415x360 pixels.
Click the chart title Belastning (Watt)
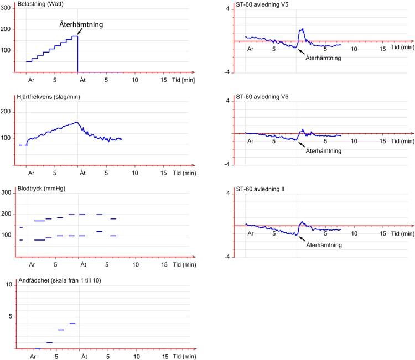click(40, 4)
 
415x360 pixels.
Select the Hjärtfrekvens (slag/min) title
click(49, 97)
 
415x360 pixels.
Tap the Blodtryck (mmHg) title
click(41, 189)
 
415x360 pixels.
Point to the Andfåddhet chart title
click(60, 280)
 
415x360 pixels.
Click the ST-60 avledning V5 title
click(262, 4)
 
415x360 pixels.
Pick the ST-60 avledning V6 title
click(262, 97)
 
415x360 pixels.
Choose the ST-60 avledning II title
click(260, 189)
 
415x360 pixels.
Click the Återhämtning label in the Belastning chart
click(81, 24)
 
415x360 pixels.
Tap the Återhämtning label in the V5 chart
click(323, 58)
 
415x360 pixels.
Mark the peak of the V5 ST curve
click(302, 29)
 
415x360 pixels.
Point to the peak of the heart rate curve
click(77, 122)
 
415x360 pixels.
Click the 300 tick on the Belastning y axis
click(6, 8)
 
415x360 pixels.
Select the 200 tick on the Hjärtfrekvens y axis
click(6, 112)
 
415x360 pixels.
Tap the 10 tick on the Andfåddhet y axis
click(9, 285)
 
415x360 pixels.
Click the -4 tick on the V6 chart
click(227, 165)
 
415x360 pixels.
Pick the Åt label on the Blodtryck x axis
click(84, 264)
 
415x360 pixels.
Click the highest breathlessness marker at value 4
click(72, 324)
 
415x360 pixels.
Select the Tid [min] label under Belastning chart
click(183, 80)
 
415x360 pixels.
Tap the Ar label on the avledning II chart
click(250, 233)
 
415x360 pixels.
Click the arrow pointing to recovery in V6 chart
click(302, 145)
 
